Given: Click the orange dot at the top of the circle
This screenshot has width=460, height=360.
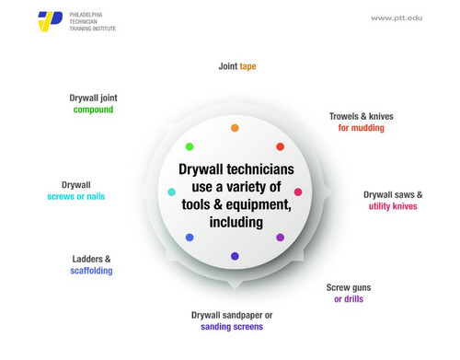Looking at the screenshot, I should pos(235,128).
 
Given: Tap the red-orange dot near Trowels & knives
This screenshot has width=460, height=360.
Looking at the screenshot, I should pos(281,146).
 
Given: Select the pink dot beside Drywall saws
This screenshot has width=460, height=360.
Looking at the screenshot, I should pos(298,192).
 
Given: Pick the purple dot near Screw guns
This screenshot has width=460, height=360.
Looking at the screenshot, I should pos(281,238).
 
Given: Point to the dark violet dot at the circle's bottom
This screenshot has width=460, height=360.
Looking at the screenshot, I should pos(235,256).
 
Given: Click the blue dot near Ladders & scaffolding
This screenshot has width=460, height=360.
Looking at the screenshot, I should pos(190,238).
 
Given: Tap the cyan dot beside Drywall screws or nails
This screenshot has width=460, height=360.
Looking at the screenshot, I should pos(172,192).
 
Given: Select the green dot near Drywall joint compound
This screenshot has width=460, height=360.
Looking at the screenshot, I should pos(190,146).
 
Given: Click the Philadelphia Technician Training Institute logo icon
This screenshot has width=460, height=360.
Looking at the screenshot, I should pos(51,21).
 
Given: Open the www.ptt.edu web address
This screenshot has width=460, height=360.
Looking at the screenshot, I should pos(397,18).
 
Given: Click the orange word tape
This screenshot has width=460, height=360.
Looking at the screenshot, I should pos(247,67).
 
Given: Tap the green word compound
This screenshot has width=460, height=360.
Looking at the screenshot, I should pos(93,110).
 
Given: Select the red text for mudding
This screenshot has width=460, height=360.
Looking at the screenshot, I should pos(361,128).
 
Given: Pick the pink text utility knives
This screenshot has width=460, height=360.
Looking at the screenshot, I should pos(393,206).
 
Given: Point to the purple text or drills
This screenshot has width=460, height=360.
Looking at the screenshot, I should pos(349,299).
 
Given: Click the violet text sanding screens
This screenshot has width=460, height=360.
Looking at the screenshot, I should pos(232,326).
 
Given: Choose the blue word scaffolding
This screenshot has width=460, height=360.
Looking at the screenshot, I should pos(91,271).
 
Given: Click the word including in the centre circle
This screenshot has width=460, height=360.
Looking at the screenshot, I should pos(236,222).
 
